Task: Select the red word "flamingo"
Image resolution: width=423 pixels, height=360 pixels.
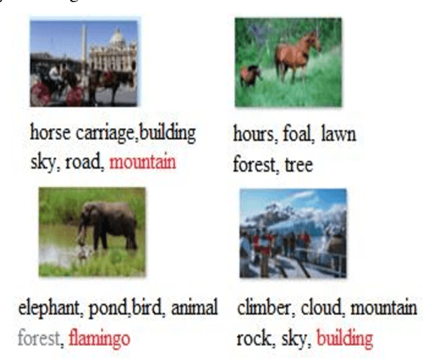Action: (x=99, y=339)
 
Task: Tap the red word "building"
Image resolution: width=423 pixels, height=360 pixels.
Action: (x=344, y=339)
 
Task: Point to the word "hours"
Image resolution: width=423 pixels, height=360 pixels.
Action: (x=252, y=134)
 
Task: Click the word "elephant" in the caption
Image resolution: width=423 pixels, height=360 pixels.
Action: (x=46, y=308)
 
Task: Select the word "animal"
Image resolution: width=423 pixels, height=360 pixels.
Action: (x=195, y=307)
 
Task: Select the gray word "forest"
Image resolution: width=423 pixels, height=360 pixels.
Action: (x=41, y=339)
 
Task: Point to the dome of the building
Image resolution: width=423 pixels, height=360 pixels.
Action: (x=116, y=36)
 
